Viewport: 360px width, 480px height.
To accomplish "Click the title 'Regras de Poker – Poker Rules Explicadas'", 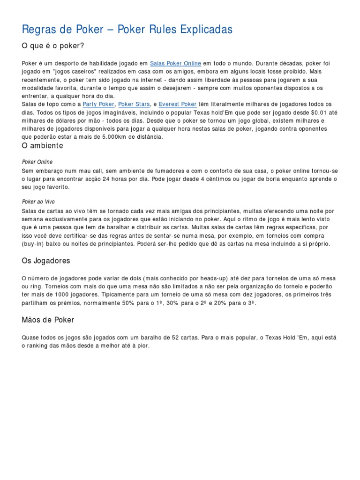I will coord(127,30).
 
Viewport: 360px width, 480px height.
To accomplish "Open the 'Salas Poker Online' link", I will coord(176,63).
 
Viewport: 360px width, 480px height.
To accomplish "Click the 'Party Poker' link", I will coord(98,104).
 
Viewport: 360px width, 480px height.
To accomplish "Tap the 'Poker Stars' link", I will coord(134,104).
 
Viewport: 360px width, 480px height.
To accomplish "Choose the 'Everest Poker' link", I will coord(178,104).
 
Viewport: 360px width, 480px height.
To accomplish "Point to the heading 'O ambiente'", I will coord(43,146).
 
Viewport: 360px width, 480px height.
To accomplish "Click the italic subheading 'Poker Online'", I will coord(37,162).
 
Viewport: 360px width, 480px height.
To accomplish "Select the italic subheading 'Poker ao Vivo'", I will coord(38,202).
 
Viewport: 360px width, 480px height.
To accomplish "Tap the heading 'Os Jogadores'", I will coord(46,260).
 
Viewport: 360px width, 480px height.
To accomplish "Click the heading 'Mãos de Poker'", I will coord(48,320).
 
